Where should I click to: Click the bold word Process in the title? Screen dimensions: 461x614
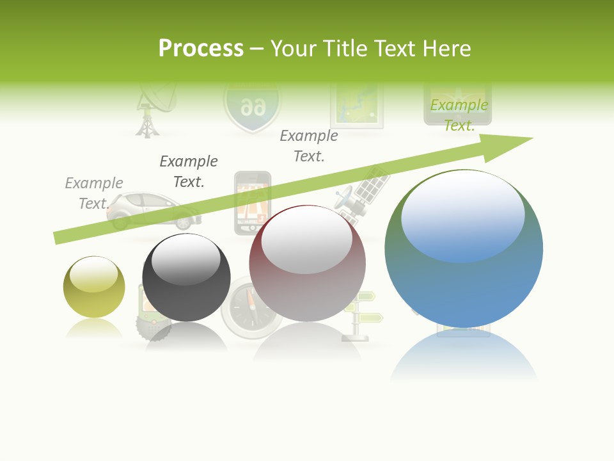(x=201, y=49)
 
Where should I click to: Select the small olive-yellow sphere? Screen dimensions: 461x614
(x=94, y=287)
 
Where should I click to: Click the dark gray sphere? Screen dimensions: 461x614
(x=186, y=278)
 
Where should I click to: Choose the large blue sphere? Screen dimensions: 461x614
(x=464, y=248)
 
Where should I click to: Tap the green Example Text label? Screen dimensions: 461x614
(x=459, y=115)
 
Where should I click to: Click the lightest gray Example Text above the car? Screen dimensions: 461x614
(x=94, y=193)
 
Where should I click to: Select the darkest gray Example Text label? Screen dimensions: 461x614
(x=189, y=171)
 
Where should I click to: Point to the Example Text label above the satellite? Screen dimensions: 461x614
(x=309, y=145)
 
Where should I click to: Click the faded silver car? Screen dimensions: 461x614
(x=153, y=210)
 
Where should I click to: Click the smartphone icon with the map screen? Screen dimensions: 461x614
(x=252, y=202)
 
